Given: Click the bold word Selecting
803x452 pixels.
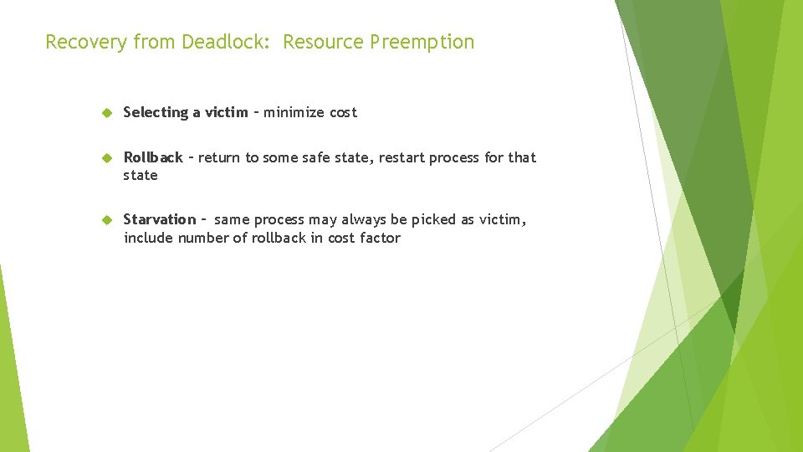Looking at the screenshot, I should click(156, 112).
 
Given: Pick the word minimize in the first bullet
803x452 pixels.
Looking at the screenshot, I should click(294, 112).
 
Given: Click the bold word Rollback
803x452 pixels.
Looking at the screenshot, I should click(153, 157).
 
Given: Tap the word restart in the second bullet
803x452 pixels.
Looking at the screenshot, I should click(416, 157).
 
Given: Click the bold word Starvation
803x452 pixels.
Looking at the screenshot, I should click(159, 219).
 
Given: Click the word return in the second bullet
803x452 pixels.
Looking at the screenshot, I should click(220, 157).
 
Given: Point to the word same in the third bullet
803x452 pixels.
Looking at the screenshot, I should click(232, 219).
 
